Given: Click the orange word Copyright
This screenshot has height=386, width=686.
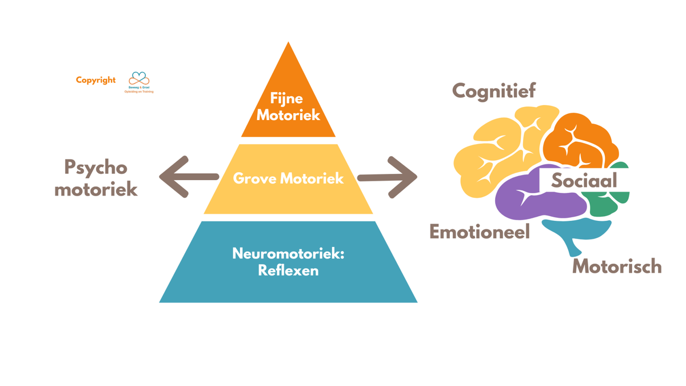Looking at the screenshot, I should (95, 80).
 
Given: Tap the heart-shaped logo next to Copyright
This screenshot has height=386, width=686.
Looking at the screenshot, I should (139, 79).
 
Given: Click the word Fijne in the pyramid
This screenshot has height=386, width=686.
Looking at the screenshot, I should (287, 99).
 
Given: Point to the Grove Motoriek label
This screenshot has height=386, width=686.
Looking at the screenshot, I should (288, 178).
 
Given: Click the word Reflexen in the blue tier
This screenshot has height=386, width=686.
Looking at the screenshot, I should (288, 270).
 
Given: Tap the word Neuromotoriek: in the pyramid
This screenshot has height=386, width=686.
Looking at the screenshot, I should (288, 253).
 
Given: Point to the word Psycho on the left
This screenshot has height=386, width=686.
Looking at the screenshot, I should (95, 168).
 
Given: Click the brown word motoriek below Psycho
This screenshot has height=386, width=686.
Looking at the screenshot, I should (96, 189).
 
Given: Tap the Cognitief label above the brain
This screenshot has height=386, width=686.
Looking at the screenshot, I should (494, 91).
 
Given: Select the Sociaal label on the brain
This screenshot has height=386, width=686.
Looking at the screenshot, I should (584, 181).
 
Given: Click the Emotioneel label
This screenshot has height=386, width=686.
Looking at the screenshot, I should (480, 232).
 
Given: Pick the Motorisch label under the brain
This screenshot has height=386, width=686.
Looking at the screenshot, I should (617, 266).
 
